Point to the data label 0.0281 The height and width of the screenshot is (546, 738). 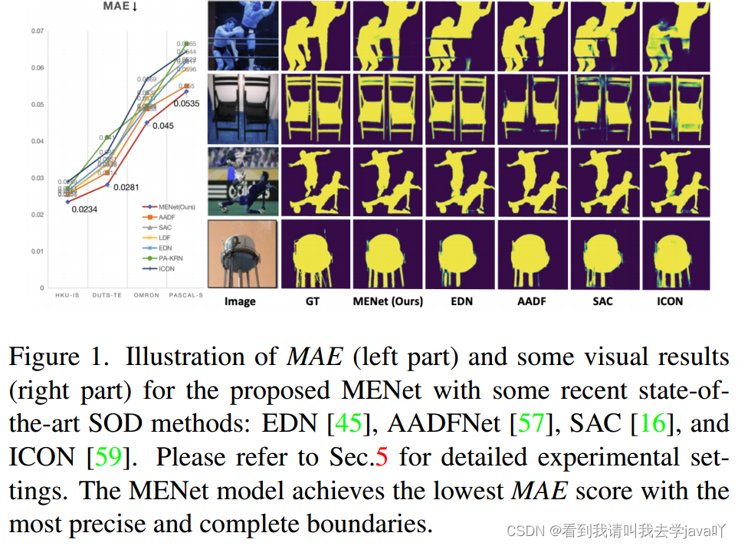128,187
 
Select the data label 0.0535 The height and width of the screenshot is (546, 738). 187,103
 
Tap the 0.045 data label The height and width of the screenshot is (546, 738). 162,126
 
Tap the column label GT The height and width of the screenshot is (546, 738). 312,301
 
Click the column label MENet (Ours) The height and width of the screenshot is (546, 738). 388,301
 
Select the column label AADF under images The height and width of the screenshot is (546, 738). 531,301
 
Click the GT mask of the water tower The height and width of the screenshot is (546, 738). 313,254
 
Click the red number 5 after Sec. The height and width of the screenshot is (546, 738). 382,458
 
